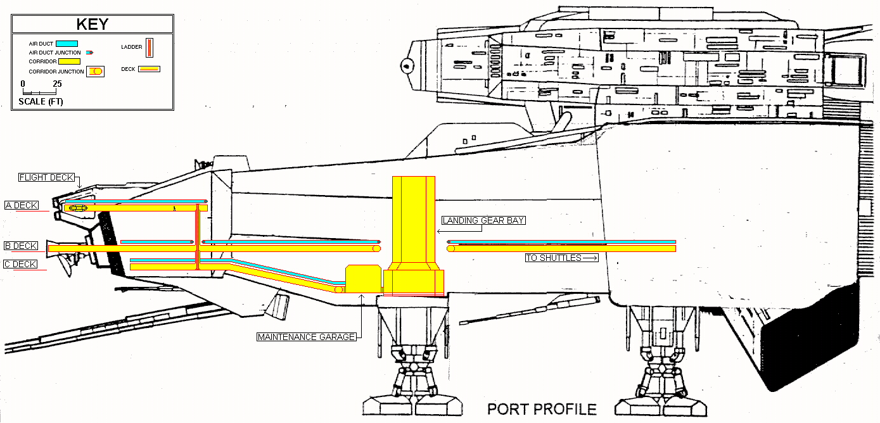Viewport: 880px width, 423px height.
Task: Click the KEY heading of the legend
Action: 92,24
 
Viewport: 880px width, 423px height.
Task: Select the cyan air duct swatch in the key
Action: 67,44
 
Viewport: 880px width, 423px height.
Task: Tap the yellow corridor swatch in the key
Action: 69,61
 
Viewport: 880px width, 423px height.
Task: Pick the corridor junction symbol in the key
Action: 96,72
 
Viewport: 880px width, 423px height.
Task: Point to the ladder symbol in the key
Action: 150,47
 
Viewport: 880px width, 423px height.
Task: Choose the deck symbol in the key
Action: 150,69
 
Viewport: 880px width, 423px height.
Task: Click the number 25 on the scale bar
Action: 58,84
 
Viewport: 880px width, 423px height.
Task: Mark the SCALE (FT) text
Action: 41,102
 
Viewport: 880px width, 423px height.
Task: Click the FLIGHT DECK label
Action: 46,177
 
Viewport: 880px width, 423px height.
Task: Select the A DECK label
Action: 22,205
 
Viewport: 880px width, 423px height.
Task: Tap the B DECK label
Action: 21,246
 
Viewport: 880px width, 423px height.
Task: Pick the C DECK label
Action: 20,264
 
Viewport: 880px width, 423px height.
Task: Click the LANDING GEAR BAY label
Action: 483,220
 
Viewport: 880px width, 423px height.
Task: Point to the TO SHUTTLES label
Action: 562,258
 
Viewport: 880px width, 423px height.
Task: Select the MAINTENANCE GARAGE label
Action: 307,337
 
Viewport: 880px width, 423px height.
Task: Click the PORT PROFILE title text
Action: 542,409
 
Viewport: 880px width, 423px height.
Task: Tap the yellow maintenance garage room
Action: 364,279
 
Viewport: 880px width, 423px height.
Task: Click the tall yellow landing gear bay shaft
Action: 414,220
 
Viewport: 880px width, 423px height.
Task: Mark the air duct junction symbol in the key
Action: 89,53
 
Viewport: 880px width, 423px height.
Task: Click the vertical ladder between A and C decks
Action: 198,237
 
